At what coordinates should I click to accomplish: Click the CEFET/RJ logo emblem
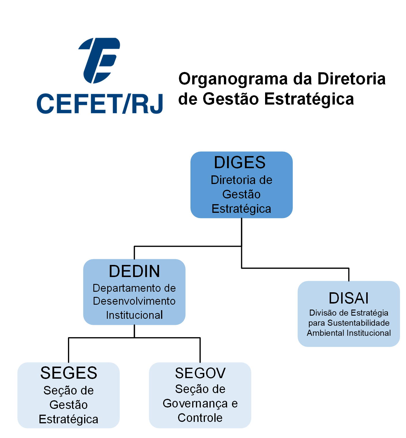99,60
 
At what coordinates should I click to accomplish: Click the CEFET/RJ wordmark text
100,103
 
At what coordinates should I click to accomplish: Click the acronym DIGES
240,162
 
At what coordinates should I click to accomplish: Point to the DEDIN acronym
134,271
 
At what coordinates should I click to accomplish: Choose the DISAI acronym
349,298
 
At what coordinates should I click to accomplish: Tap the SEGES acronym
69,373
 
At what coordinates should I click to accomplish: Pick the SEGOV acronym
200,373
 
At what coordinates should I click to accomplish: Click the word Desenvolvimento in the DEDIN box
134,301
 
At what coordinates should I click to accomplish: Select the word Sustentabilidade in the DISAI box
358,323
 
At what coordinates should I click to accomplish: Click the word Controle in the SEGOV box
200,418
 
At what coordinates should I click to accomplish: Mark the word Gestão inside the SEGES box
69,405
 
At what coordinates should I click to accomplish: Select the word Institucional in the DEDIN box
134,315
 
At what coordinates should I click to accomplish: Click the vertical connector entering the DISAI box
349,275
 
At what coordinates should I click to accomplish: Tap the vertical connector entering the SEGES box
69,350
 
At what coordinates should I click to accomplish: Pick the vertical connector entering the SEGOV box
200,350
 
